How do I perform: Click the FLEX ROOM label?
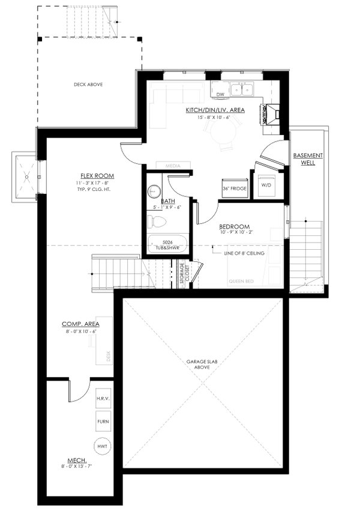pos(95,176)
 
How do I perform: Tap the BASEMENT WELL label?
pos(308,159)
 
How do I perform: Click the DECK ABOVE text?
pos(88,85)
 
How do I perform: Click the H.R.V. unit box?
pos(103,399)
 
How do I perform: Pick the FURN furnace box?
pos(103,422)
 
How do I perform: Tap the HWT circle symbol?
pos(103,446)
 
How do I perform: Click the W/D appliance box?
pos(265,184)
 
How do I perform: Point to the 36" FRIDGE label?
pos(234,188)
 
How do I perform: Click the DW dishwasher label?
pos(220,94)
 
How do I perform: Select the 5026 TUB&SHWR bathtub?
pos(167,245)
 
